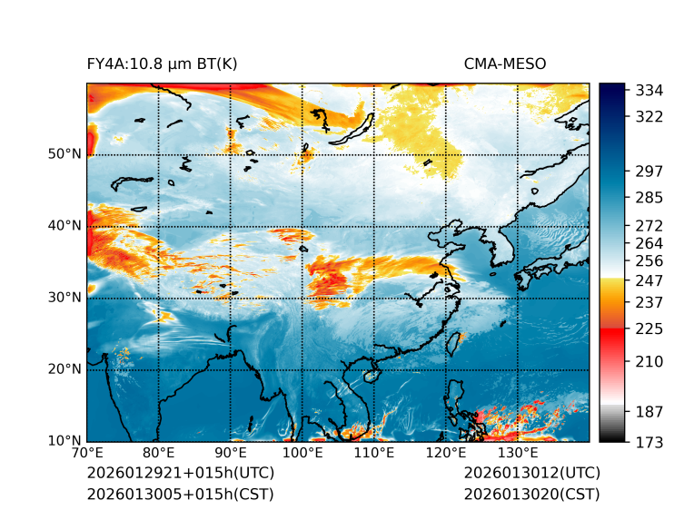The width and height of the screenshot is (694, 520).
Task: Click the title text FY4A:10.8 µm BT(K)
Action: [162, 64]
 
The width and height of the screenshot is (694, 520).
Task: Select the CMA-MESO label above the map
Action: [505, 64]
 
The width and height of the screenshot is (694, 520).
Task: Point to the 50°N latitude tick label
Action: [64, 154]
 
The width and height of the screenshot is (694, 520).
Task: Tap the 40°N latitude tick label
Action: [64, 226]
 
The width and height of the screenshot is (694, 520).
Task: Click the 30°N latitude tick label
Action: [64, 298]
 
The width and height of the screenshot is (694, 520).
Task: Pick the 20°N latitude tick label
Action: [64, 369]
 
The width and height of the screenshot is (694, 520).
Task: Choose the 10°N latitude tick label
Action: [64, 441]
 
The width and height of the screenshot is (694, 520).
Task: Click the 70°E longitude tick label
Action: [87, 454]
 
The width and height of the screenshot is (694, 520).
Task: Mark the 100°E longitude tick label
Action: [302, 454]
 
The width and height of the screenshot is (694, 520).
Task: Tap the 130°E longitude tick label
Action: [518, 454]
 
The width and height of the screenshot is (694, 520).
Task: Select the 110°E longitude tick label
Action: [374, 454]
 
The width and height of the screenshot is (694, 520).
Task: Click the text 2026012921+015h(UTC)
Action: [180, 474]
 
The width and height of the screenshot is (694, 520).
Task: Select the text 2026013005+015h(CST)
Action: [180, 494]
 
